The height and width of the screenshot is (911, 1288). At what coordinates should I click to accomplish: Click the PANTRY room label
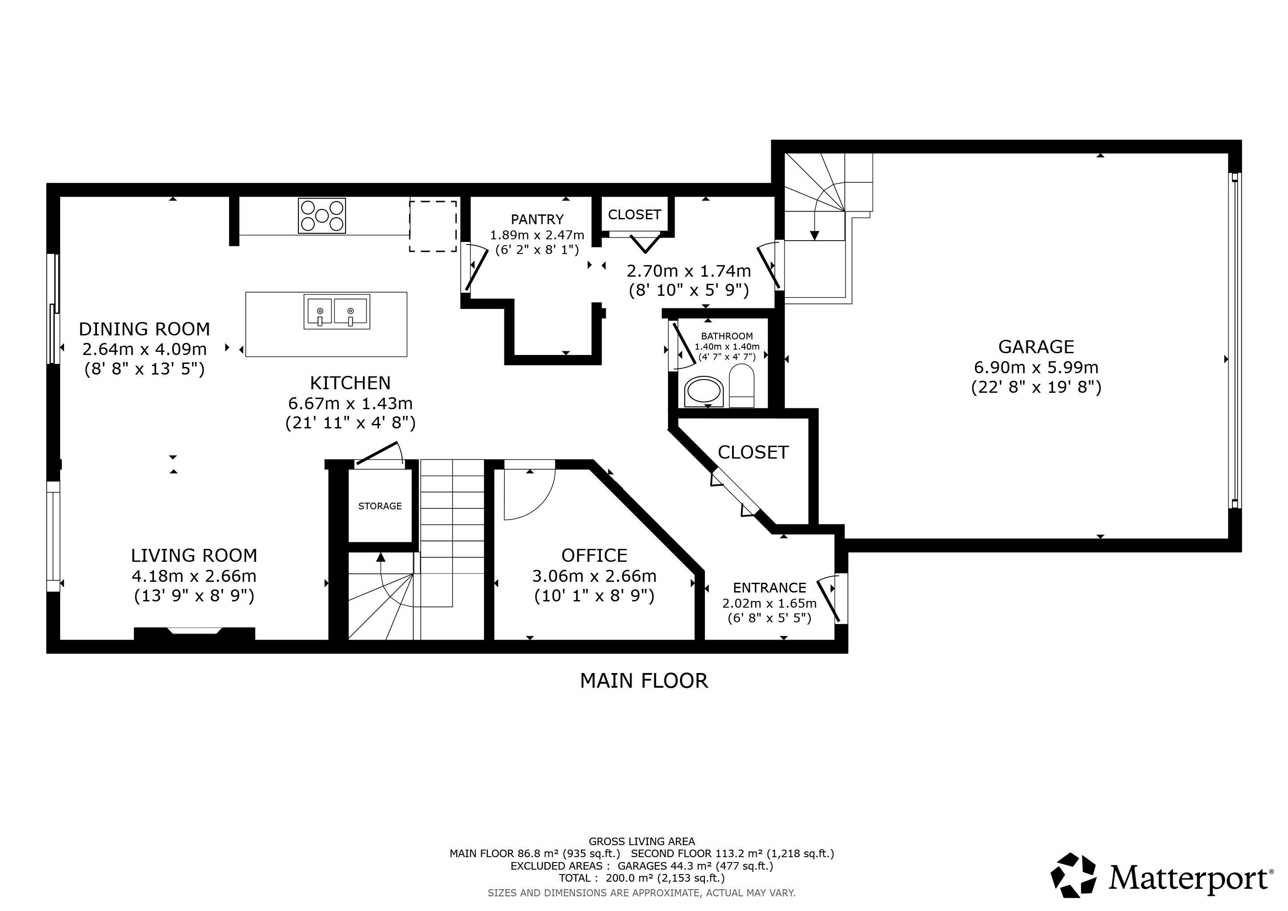(537, 219)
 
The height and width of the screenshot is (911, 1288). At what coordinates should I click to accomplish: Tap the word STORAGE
(380, 506)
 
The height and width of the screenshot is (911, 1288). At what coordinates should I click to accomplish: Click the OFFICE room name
(594, 555)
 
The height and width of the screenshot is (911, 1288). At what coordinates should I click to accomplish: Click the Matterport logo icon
(1073, 875)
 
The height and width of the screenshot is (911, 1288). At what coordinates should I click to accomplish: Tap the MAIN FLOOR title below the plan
(644, 681)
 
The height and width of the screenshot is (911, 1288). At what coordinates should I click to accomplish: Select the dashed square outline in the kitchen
(432, 226)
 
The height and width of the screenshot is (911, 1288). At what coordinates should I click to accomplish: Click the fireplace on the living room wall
(194, 633)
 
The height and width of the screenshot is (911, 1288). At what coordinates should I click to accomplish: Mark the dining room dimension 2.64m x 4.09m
(145, 349)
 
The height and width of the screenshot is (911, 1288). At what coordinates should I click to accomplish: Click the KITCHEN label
(350, 383)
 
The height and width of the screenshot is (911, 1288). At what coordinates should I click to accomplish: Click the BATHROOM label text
(727, 336)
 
